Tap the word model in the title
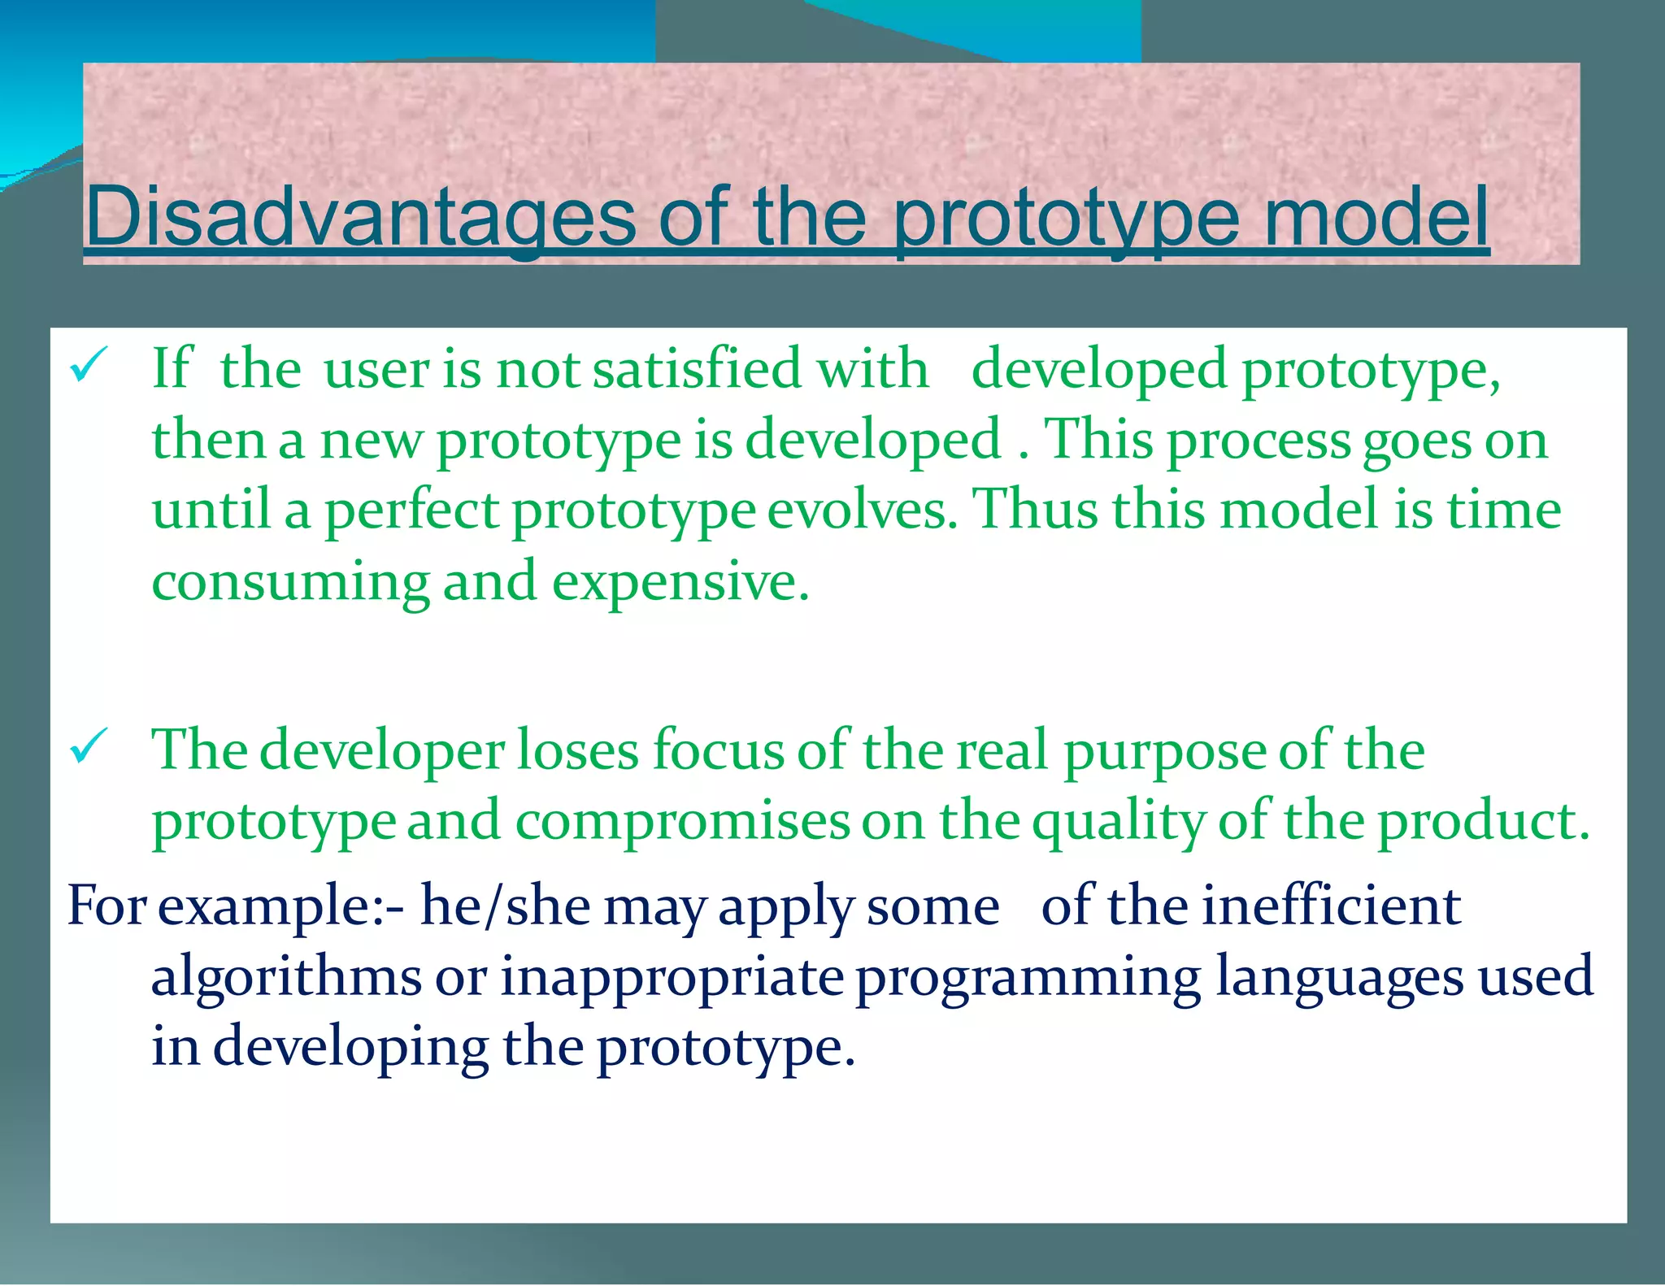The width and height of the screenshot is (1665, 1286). [x=1375, y=217]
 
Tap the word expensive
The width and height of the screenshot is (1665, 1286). [x=680, y=583]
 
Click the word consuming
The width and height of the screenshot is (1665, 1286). [x=290, y=583]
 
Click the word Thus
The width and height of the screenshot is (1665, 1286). [x=1036, y=510]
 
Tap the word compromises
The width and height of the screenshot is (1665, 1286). [x=682, y=822]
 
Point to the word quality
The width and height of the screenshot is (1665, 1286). [x=1119, y=822]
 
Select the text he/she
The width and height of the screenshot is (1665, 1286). [x=505, y=906]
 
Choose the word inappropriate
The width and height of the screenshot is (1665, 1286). [x=672, y=978]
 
